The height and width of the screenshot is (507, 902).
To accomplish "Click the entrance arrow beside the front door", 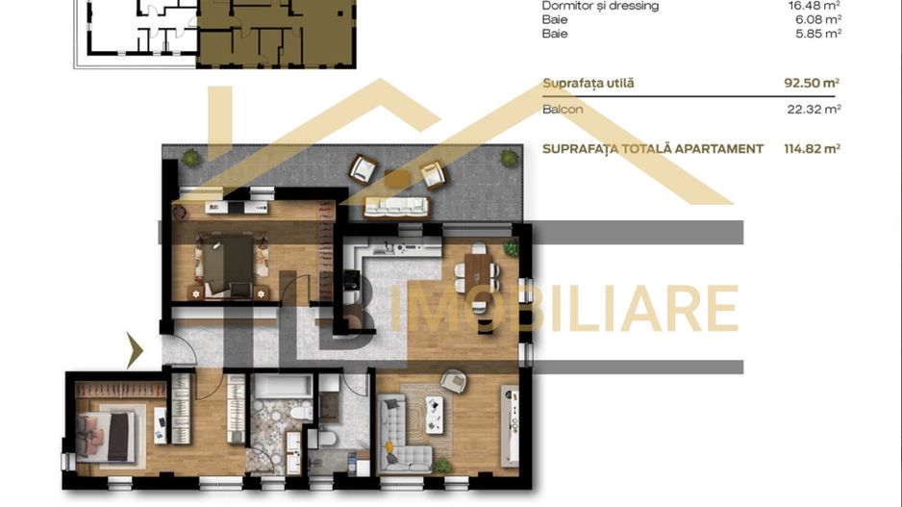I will tap(135, 349).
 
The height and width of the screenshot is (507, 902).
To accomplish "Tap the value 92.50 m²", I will tap(813, 84).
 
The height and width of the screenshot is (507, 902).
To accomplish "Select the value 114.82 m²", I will tap(813, 149).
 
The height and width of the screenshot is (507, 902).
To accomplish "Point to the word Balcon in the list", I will tap(563, 110).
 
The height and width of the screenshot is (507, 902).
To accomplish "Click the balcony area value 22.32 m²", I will tap(814, 110).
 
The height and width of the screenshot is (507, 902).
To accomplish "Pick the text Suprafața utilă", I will tap(588, 84).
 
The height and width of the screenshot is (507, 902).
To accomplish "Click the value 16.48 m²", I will tap(814, 5).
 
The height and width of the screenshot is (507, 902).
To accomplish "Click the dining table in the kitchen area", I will tap(478, 268).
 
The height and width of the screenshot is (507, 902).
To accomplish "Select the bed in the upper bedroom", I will tap(228, 259).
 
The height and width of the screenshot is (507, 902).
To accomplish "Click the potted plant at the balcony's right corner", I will tap(507, 158).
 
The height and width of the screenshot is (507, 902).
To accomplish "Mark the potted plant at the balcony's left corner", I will tap(189, 158).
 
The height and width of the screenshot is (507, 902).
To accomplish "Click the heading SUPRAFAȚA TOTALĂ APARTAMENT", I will tap(653, 149).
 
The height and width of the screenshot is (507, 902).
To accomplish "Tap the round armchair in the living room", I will tap(452, 382).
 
